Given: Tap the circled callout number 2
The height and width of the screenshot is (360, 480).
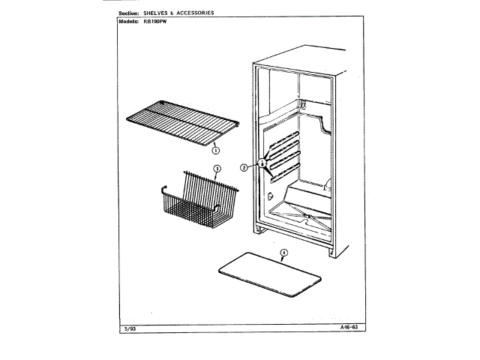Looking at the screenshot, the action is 244,167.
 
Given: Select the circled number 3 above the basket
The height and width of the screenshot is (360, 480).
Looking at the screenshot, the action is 216,168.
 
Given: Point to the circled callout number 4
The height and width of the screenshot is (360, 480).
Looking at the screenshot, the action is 284,252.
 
